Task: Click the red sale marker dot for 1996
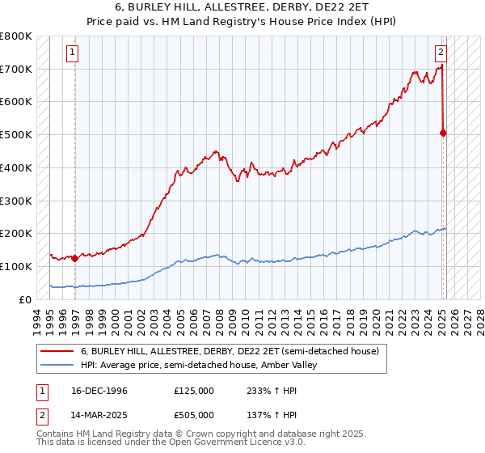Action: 75,258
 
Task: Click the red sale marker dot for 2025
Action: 444,133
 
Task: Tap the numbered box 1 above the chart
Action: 72,53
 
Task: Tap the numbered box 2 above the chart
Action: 441,53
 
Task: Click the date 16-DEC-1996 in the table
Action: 98,391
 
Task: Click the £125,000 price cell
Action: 194,391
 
